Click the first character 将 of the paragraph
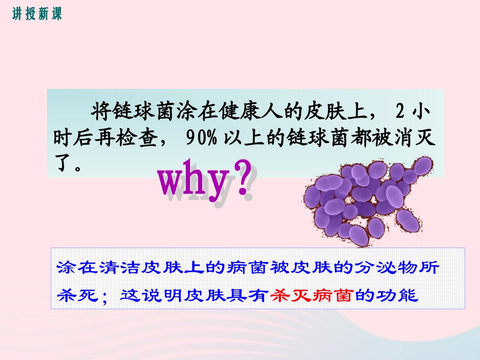99,110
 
